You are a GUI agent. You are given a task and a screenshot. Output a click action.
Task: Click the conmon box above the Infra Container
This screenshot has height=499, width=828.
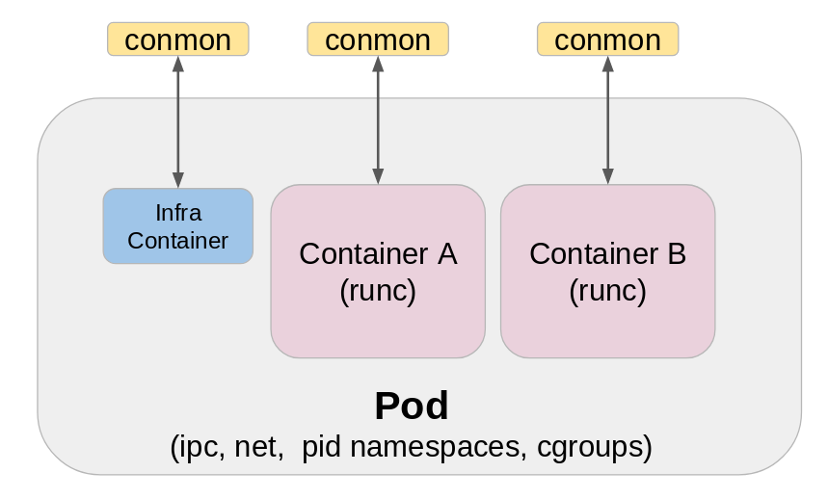click(x=177, y=39)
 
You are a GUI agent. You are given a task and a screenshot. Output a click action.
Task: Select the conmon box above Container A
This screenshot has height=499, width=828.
click(x=378, y=39)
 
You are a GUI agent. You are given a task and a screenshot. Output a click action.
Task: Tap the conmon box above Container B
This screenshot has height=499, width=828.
click(x=607, y=39)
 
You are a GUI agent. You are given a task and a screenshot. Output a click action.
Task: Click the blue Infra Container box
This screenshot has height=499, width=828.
click(x=177, y=225)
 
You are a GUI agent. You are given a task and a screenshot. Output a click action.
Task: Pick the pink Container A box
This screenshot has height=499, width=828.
click(x=378, y=272)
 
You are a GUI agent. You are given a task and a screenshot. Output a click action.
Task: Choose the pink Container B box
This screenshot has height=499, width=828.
click(x=607, y=272)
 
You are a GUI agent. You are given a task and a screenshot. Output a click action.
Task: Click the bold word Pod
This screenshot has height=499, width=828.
click(x=412, y=406)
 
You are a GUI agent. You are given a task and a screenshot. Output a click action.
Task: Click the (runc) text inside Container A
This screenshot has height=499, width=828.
click(x=378, y=290)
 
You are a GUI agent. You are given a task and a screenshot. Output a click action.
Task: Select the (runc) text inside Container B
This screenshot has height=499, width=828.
click(x=607, y=290)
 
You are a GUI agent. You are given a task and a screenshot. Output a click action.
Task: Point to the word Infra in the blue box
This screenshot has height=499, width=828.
click(x=177, y=212)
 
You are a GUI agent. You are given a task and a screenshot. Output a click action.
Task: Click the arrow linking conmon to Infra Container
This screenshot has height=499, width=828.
click(x=177, y=121)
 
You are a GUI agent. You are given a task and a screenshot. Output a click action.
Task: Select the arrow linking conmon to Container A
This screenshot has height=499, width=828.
click(x=378, y=119)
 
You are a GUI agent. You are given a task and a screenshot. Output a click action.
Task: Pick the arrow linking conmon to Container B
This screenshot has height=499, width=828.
click(x=607, y=119)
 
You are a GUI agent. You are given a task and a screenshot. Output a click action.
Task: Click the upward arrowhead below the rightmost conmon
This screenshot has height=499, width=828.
click(x=607, y=65)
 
